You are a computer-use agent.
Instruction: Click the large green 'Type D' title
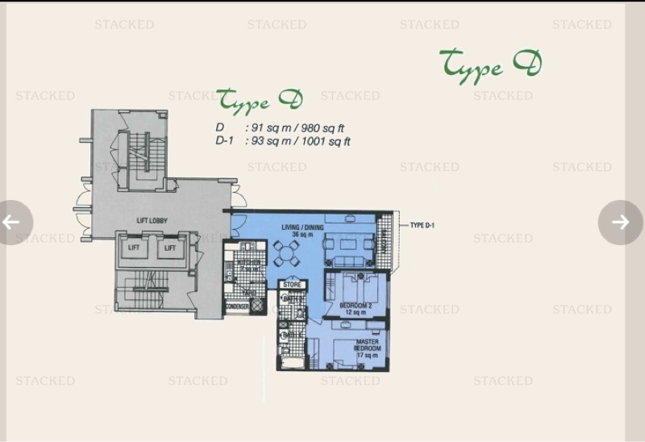(490, 64)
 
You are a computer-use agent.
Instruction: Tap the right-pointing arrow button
(620, 222)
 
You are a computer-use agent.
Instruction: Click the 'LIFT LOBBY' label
(151, 220)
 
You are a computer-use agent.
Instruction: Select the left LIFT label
(134, 248)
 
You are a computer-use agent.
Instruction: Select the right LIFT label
(170, 248)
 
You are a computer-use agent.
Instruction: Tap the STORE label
(291, 284)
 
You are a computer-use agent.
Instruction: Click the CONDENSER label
(238, 306)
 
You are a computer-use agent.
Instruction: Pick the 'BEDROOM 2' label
(355, 306)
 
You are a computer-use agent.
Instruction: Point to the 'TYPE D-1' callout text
(422, 225)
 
